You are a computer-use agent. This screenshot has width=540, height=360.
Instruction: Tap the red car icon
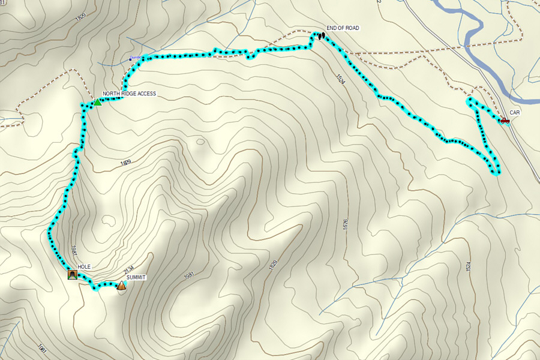tap(505, 121)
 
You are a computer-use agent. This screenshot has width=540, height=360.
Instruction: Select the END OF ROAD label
tap(343, 28)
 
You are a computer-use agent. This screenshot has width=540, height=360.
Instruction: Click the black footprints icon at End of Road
tap(321, 36)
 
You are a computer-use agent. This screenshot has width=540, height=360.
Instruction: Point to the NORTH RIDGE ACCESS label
tap(129, 94)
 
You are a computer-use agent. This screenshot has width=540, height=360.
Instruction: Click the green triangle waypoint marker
tap(97, 102)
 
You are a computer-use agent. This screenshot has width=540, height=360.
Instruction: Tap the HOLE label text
tap(83, 267)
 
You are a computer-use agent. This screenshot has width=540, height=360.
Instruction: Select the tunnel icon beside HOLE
tap(72, 275)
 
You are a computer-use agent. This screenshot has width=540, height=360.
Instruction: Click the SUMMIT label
tap(136, 278)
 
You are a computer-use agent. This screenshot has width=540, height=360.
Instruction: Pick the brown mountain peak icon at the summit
tap(122, 286)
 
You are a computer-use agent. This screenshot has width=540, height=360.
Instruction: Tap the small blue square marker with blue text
tap(130, 59)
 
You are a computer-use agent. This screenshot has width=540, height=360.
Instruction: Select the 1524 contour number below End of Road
tap(341, 79)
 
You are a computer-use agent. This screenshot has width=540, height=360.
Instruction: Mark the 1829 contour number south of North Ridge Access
tap(125, 163)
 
